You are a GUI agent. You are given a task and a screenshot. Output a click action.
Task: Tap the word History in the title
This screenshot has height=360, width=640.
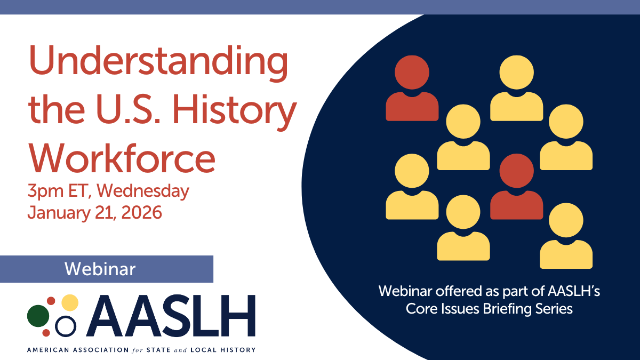(234, 112)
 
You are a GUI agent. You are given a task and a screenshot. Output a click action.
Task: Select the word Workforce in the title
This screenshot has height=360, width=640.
(122, 159)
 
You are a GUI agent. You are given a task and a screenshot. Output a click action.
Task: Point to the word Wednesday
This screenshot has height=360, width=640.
(143, 191)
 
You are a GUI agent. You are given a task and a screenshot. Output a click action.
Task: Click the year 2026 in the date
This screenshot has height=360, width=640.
(141, 213)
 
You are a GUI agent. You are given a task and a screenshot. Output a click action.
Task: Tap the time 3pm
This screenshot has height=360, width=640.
(46, 191)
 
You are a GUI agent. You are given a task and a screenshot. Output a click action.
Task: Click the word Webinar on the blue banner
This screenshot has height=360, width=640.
(100, 269)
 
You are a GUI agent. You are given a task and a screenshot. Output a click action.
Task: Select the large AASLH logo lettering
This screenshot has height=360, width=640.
(171, 315)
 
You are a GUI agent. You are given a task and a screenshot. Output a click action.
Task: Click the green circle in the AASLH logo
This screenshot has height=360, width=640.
(38, 316)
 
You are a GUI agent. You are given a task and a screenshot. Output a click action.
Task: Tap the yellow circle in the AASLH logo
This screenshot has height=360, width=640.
(70, 302)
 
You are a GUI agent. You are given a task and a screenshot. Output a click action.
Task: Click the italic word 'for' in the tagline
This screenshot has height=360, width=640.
(138, 350)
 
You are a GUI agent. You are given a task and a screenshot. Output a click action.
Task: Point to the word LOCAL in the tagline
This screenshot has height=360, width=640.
(203, 350)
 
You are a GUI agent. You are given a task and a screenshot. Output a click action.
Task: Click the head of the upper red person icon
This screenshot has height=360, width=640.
(412, 73)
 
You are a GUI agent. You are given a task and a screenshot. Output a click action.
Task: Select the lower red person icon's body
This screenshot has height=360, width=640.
(517, 205)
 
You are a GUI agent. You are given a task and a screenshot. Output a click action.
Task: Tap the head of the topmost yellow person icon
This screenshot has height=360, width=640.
(517, 73)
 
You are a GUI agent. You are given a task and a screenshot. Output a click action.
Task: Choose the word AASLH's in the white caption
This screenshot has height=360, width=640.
(574, 291)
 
